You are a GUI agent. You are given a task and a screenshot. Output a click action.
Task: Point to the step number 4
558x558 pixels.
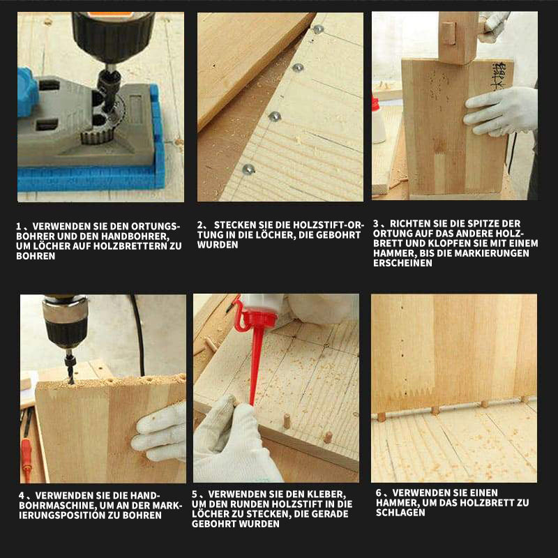22,496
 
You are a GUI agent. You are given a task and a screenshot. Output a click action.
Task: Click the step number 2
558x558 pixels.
200,225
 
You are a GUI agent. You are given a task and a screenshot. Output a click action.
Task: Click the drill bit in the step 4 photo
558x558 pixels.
70,367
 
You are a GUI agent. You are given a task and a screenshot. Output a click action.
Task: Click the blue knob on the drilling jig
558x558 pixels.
27,92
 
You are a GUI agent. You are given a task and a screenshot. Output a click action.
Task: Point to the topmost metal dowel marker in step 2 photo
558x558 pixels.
318,29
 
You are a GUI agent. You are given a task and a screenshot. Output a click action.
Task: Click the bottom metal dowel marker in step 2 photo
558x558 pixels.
248,169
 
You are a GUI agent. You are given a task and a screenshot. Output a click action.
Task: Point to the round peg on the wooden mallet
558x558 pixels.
449,33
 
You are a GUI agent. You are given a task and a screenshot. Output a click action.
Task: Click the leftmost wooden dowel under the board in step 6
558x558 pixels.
381,416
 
